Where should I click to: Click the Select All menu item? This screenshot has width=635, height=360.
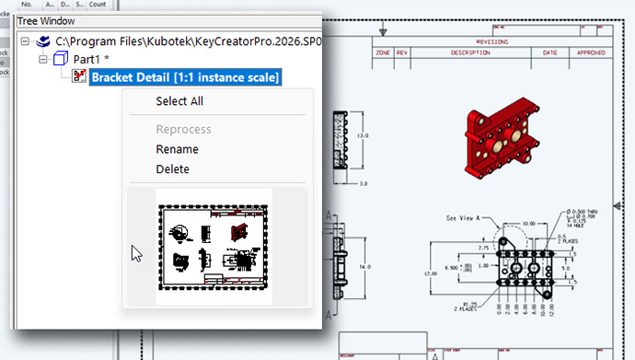(179, 101)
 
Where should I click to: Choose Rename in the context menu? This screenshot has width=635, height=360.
(177, 149)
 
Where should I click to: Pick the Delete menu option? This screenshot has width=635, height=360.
(173, 169)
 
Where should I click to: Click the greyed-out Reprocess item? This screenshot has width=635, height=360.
(183, 130)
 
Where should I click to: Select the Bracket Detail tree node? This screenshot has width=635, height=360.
(185, 77)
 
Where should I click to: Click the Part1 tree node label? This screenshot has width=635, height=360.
(91, 59)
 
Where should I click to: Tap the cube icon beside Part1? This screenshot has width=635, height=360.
(61, 59)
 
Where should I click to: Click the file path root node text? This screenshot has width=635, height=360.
(184, 41)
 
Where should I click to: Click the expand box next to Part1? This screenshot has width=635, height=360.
(42, 59)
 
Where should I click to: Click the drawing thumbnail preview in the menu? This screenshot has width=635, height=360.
(214, 246)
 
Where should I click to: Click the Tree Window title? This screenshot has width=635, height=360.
(47, 21)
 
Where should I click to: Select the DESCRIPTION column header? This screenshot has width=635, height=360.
(470, 52)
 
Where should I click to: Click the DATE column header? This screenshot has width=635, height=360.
(549, 52)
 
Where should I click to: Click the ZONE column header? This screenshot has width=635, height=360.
(384, 52)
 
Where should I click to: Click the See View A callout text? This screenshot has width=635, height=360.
(465, 218)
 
